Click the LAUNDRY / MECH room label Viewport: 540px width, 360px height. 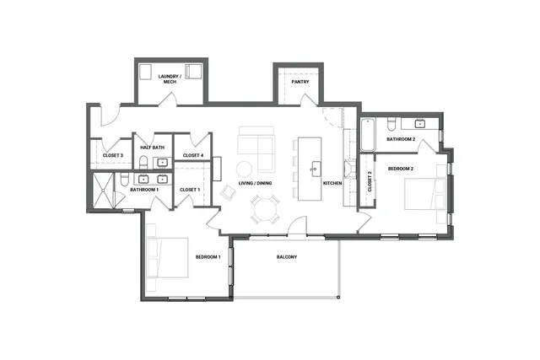tap(169, 80)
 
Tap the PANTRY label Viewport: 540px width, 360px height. tap(300, 83)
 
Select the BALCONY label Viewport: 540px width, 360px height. tap(287, 257)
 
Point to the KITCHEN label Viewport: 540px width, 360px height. tap(332, 183)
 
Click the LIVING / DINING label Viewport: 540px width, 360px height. tap(255, 183)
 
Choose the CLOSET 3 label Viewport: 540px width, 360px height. tap(113, 155)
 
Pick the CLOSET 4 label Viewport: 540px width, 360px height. tap(192, 155)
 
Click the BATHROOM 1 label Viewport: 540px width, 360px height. tap(144, 190)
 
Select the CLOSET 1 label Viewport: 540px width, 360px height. tap(190, 190)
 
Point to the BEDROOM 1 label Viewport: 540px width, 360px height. tap(208, 256)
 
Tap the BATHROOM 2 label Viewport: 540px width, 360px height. tap(401, 139)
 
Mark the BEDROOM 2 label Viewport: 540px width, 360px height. tap(400, 169)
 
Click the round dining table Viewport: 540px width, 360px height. tap(267, 208)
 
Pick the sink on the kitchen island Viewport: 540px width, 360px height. tap(316, 166)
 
